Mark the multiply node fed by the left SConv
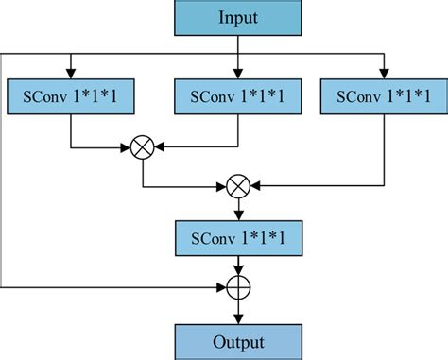[143, 147]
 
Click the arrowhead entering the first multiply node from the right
[159, 147]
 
